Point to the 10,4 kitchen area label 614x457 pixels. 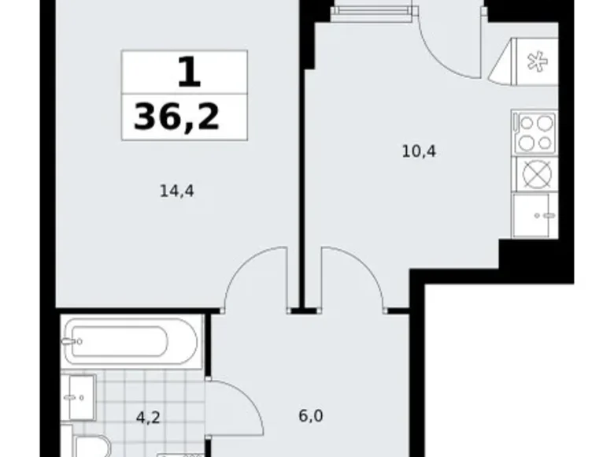pos(419,150)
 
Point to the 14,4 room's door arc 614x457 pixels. pos(253,276)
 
